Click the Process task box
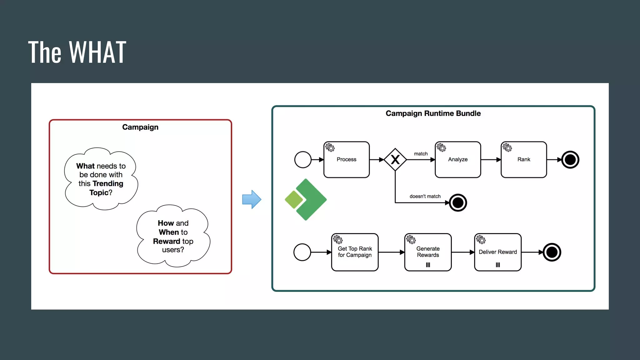coord(346,160)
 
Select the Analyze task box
coord(457,160)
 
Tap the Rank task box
coord(523,160)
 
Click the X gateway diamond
coord(395,160)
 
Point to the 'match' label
coord(421,154)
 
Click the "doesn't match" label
coord(425,196)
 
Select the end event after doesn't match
coord(458,203)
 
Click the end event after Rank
coord(570,160)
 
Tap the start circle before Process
coord(302,160)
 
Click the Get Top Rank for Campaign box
coord(355,252)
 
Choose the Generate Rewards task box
coord(427,252)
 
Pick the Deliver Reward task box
coord(497,252)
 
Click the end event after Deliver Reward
coord(552,252)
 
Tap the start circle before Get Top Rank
coord(302,252)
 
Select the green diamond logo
coord(306,199)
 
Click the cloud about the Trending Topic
coord(101,179)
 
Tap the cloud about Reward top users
coord(173,236)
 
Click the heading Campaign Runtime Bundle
coord(433,113)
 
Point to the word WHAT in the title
coord(97,52)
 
